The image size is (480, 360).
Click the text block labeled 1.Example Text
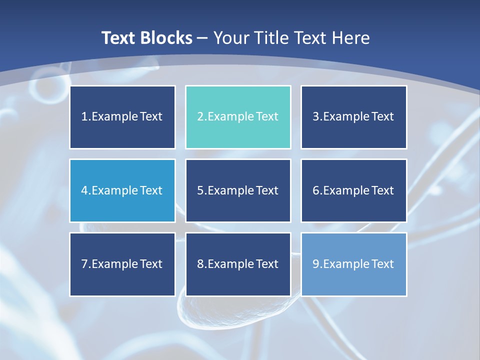click(122, 117)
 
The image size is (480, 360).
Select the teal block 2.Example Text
click(238, 117)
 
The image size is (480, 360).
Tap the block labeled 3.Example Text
click(353, 117)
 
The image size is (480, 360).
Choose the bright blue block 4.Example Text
click(122, 190)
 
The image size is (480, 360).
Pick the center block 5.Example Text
click(238, 190)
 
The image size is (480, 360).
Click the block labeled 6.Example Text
click(353, 190)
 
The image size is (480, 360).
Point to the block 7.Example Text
click(122, 264)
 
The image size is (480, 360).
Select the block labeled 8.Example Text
click(238, 264)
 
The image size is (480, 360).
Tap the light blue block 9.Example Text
click(353, 264)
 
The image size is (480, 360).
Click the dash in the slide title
click(202, 38)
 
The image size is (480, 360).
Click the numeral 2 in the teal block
click(200, 117)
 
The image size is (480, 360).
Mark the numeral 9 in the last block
click(316, 264)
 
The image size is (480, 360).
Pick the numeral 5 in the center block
click(200, 190)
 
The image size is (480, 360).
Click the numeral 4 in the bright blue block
click(84, 190)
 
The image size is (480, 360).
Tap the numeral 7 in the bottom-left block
click(84, 264)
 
